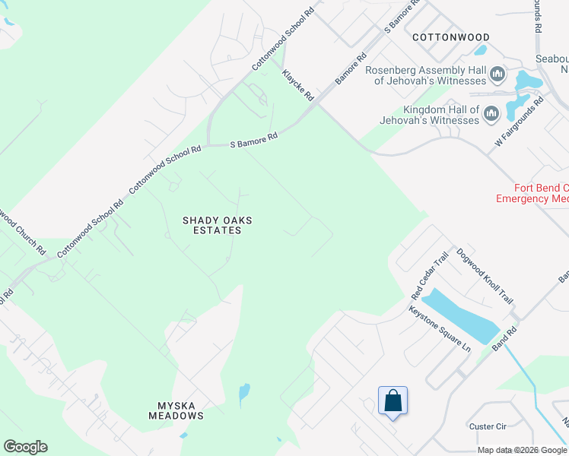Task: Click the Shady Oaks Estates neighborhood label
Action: (217, 226)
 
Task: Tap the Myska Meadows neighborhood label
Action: (176, 410)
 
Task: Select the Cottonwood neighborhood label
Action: (451, 36)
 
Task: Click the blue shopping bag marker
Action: (393, 401)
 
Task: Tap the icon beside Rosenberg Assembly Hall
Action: (498, 74)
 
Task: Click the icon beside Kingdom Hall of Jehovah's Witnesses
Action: (491, 114)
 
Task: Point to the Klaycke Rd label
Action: (297, 85)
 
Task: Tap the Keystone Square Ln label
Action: (440, 328)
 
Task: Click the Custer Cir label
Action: (488, 426)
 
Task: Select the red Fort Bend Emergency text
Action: (532, 193)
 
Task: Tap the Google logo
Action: (25, 447)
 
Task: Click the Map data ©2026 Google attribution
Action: (523, 450)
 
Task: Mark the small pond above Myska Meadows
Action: (243, 392)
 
